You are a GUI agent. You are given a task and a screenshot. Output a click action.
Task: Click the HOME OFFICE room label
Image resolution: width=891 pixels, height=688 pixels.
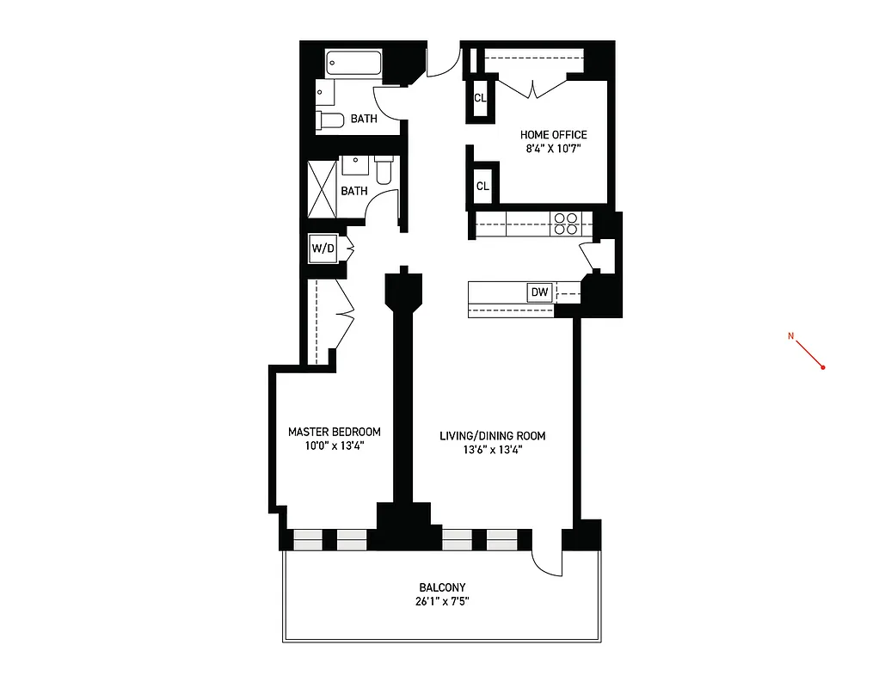(x=553, y=135)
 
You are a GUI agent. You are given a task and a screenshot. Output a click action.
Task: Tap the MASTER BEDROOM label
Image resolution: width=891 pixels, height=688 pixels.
(x=334, y=432)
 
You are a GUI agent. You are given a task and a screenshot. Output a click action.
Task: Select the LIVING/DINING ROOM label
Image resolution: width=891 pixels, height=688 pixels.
(x=492, y=436)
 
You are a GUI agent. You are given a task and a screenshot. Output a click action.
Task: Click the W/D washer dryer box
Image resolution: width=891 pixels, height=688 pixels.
(x=323, y=249)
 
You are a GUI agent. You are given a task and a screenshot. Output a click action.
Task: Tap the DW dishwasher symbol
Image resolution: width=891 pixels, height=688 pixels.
(x=539, y=293)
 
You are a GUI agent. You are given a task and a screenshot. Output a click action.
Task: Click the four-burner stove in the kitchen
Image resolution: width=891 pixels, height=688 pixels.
(x=565, y=224)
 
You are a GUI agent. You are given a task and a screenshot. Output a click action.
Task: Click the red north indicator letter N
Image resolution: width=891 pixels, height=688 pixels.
(x=790, y=335)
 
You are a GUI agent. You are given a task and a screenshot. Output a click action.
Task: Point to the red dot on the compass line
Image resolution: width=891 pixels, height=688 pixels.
(x=823, y=367)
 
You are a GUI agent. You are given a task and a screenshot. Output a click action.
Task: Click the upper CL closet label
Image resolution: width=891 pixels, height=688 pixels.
(x=480, y=98)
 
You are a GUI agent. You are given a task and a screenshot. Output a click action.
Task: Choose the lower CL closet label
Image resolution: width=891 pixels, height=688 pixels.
(x=482, y=186)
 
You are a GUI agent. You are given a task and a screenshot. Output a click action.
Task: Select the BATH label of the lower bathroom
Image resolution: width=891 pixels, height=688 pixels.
(x=354, y=191)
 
